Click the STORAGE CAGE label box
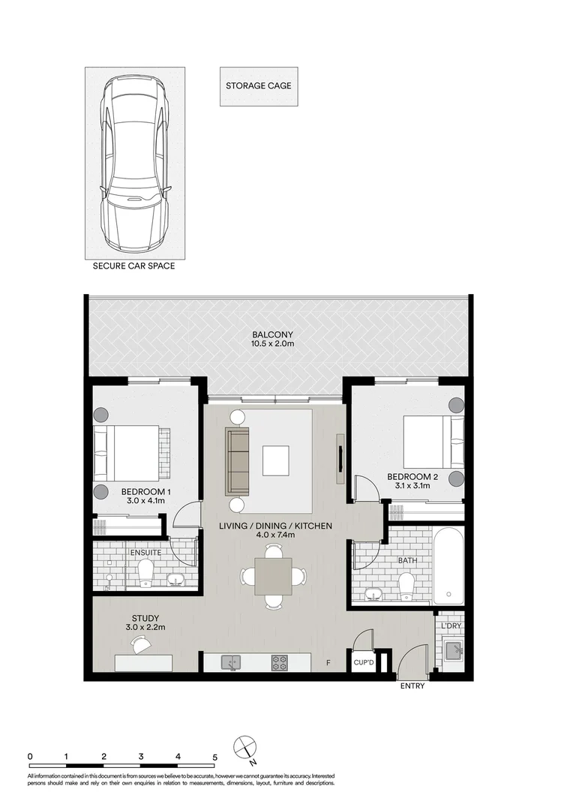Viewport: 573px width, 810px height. click(x=258, y=85)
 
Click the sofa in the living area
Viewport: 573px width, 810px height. click(x=238, y=461)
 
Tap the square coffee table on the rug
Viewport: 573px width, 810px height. click(x=275, y=461)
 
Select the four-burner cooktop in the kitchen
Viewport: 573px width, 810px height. click(x=280, y=662)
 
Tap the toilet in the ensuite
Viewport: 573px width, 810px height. click(x=145, y=574)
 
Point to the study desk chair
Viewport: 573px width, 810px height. click(x=139, y=643)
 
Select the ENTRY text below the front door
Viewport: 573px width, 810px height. click(x=412, y=686)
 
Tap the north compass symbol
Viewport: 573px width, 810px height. click(x=245, y=747)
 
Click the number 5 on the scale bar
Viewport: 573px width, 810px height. click(x=215, y=756)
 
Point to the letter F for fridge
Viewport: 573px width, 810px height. click(x=328, y=663)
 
